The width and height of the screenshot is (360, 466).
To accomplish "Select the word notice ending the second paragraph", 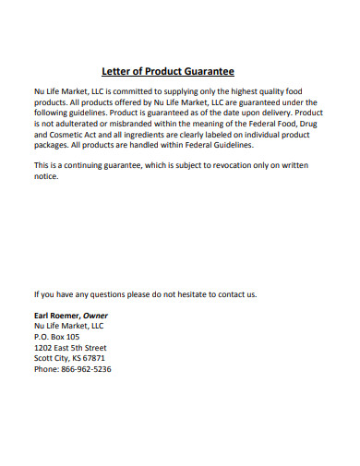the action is coord(46,176).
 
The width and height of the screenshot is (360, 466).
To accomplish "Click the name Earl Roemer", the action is coord(57,316).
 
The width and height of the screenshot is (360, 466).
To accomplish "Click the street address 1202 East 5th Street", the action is coord(70,348).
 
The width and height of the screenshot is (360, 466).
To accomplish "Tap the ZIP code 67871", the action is coord(93,358).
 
